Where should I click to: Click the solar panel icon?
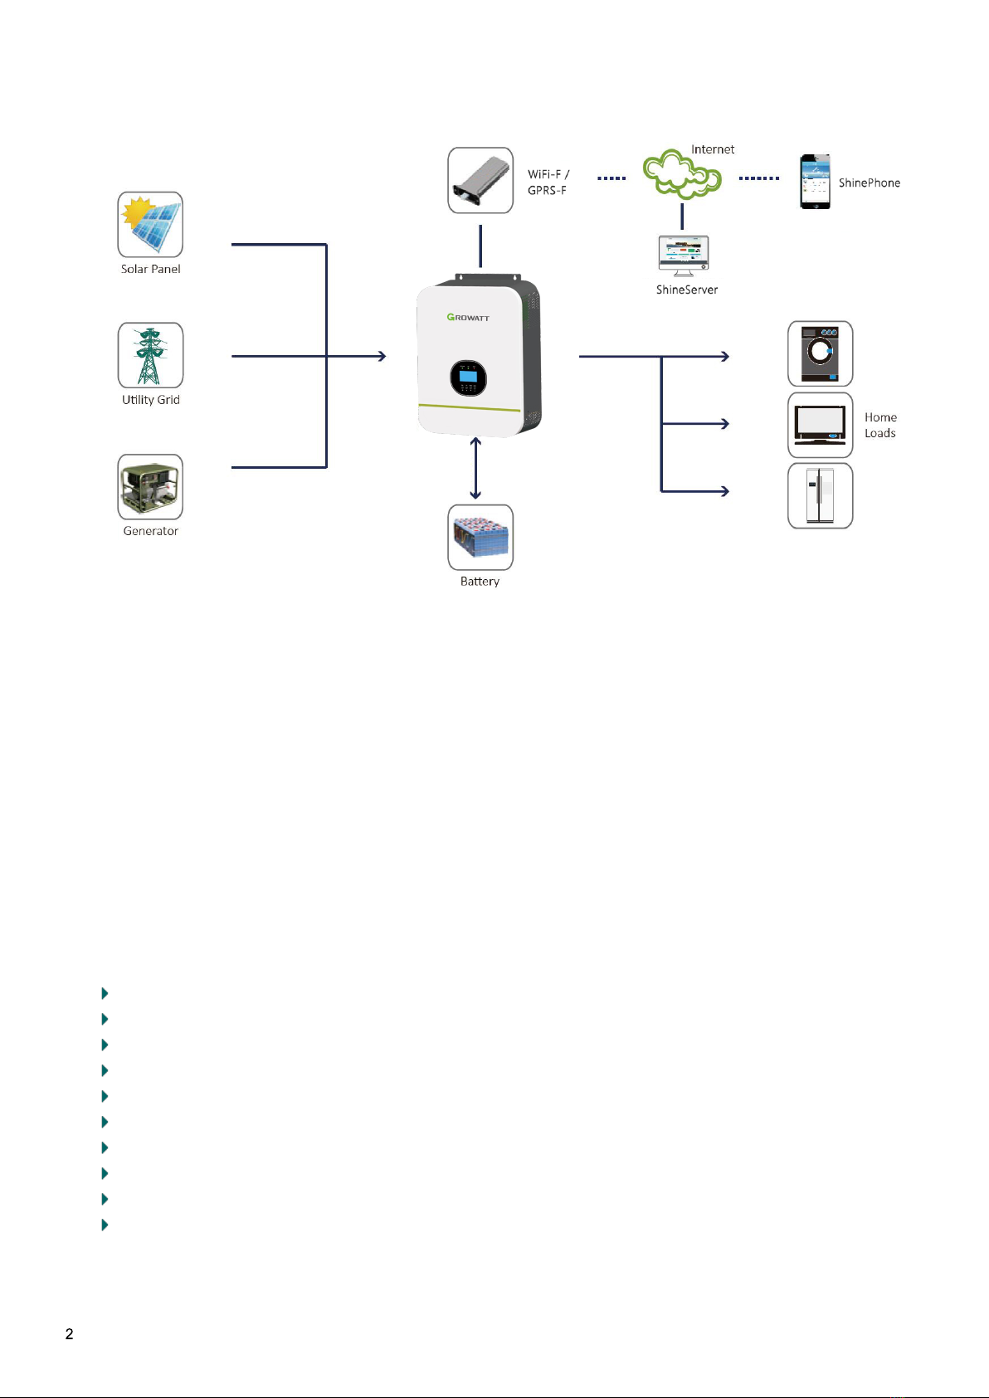click(150, 224)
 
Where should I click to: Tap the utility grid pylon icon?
click(150, 355)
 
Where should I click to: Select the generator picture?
click(150, 487)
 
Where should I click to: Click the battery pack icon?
click(480, 538)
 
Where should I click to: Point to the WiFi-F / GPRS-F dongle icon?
click(480, 180)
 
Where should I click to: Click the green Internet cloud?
click(682, 173)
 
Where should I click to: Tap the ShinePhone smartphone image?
click(815, 182)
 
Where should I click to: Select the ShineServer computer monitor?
click(683, 256)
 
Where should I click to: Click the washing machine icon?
click(820, 354)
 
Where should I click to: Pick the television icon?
click(820, 425)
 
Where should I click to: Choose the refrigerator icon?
click(820, 495)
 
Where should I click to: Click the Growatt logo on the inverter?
click(468, 317)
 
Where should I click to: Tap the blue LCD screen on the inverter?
click(468, 376)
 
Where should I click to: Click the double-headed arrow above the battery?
click(475, 468)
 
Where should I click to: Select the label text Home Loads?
click(880, 425)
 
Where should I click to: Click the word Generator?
click(150, 531)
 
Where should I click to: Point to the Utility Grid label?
click(151, 400)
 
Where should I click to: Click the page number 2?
click(69, 1334)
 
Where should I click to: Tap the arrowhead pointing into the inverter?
click(382, 357)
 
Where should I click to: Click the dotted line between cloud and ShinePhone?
click(758, 178)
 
